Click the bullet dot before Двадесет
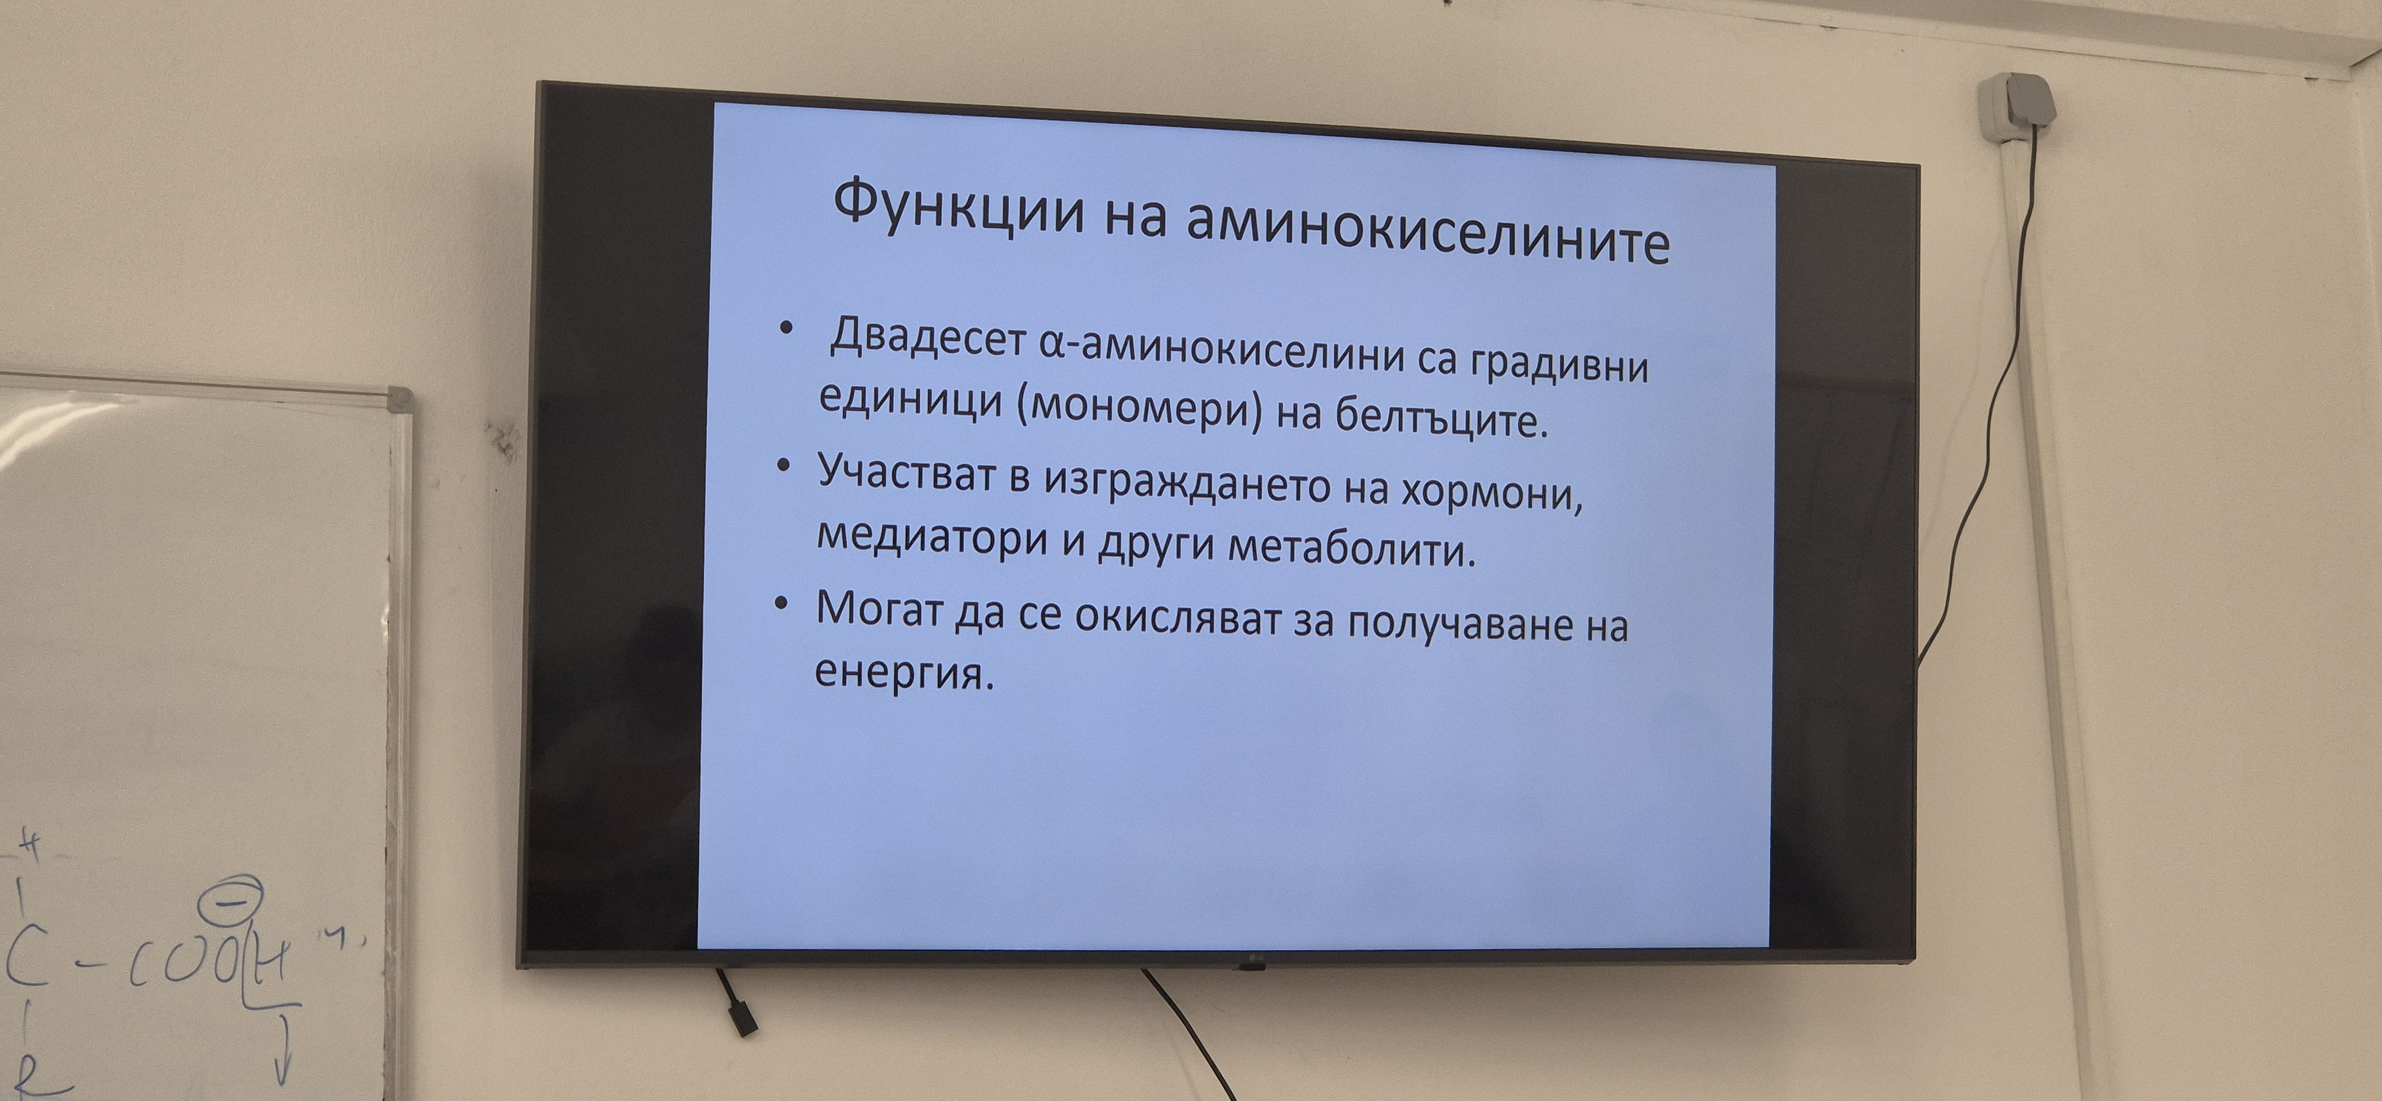pyautogui.click(x=786, y=328)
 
